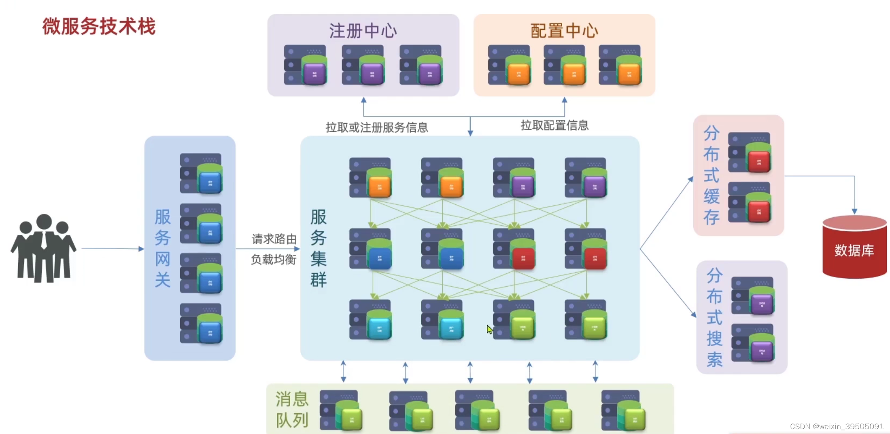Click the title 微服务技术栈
pyautogui.click(x=99, y=27)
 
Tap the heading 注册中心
pyautogui.click(x=363, y=31)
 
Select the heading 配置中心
pyautogui.click(x=564, y=31)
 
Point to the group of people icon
pyautogui.click(x=43, y=248)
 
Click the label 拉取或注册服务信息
pyautogui.click(x=377, y=127)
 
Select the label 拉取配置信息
pyautogui.click(x=554, y=125)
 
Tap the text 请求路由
pyautogui.click(x=274, y=239)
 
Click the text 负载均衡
pyautogui.click(x=274, y=259)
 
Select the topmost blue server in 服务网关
pyautogui.click(x=201, y=174)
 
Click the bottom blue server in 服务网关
pyautogui.click(x=201, y=324)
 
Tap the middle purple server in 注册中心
pyautogui.click(x=363, y=65)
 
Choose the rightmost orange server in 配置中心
pyautogui.click(x=620, y=65)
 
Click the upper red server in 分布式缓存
pyautogui.click(x=750, y=152)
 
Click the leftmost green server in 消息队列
pyautogui.click(x=340, y=410)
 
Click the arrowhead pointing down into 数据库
pyautogui.click(x=854, y=211)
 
